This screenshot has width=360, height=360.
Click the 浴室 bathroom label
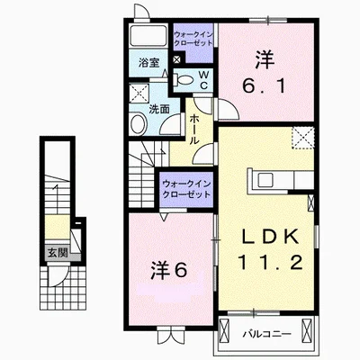[x=148, y=63]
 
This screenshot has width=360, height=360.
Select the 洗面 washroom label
[x=159, y=109]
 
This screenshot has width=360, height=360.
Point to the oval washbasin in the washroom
[x=138, y=123]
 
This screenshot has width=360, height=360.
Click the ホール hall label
[x=193, y=129]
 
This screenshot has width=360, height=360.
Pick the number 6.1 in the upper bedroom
[x=264, y=86]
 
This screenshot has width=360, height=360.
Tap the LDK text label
[x=270, y=236]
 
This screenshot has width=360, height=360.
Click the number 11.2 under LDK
[x=270, y=262]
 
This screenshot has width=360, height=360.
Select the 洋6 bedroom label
[x=169, y=270]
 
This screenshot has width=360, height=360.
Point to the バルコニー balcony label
[x=266, y=334]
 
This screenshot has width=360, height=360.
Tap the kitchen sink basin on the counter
[x=265, y=180]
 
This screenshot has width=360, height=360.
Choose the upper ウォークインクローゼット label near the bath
[x=193, y=39]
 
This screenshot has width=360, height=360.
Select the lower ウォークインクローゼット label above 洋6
[x=186, y=189]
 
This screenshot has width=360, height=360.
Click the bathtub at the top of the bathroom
[x=148, y=36]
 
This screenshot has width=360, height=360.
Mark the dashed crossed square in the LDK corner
[x=303, y=138]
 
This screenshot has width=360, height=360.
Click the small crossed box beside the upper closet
[x=177, y=59]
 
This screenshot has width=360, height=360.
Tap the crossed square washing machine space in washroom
[x=139, y=94]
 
